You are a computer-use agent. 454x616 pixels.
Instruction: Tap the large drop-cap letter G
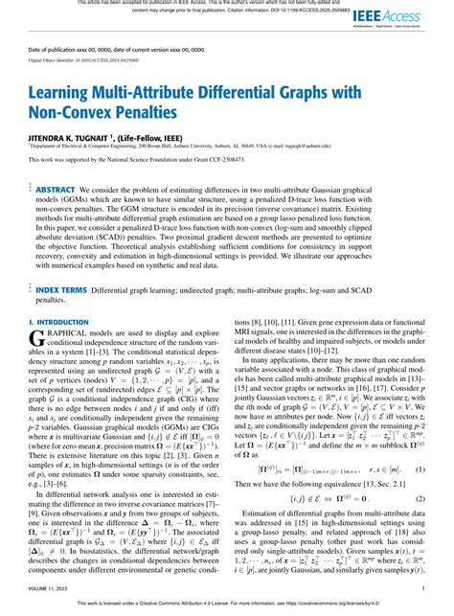coord(39,313)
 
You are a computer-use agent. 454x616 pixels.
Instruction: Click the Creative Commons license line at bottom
coord(227,608)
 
